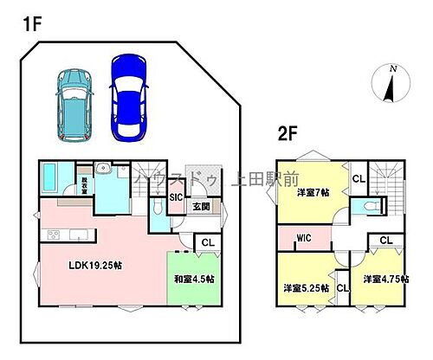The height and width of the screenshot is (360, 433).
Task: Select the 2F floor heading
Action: click(x=289, y=134)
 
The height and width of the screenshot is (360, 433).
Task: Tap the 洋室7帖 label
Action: click(x=313, y=191)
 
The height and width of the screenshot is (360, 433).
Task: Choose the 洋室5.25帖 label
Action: click(x=306, y=286)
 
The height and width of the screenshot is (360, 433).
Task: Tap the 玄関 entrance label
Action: click(x=200, y=207)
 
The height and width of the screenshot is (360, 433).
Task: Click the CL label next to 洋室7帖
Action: click(x=358, y=179)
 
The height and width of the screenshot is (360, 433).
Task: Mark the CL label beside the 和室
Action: click(x=207, y=243)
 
